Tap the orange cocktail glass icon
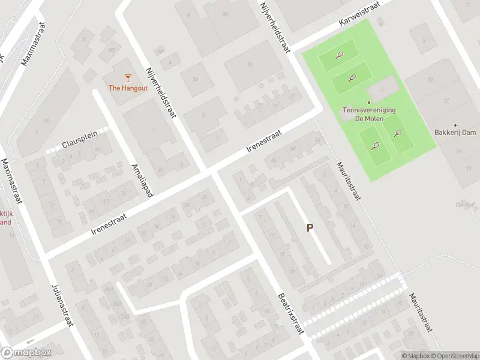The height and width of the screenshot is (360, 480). click(127, 77)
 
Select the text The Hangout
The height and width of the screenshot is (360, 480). click(127, 88)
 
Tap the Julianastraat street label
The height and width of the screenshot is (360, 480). click(62, 304)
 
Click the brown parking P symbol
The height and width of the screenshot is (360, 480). click(310, 228)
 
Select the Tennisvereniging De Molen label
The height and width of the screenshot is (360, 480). click(369, 114)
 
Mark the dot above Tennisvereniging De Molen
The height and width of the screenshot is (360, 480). click(369, 102)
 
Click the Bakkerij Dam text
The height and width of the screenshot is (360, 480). click(454, 132)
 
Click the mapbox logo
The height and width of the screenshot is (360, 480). click(26, 353)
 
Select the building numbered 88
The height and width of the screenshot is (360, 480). click(112, 50)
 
